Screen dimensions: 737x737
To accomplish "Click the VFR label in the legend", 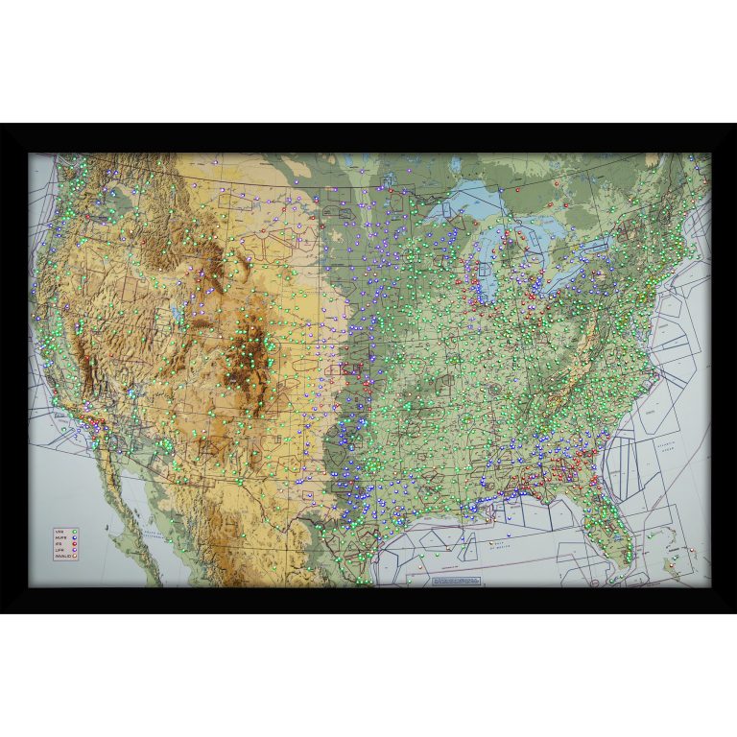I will (59, 531).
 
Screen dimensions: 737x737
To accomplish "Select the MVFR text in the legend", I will (60, 537).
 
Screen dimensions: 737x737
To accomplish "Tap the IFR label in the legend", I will (59, 544).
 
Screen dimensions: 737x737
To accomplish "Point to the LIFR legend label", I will (59, 550).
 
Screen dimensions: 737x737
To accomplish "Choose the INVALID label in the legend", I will (61, 557).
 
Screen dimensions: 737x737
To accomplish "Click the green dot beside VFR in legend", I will (74, 531).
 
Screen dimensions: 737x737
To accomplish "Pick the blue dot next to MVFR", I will (74, 537).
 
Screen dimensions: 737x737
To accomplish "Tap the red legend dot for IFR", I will (74, 544).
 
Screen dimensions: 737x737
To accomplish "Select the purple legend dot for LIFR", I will (74, 550).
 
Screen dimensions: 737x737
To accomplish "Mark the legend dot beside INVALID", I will (74, 557).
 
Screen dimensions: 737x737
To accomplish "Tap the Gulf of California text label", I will (135, 537).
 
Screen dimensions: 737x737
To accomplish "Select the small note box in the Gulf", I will (455, 581).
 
